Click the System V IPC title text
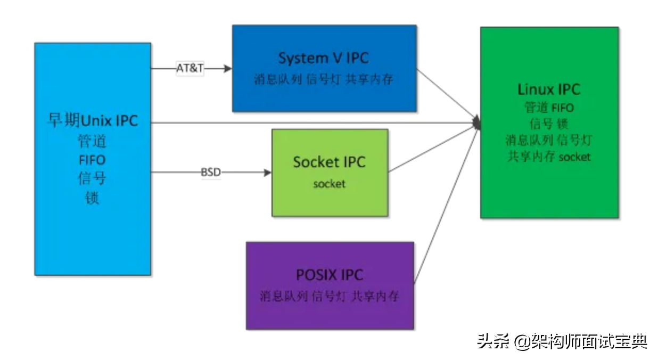pyautogui.click(x=323, y=58)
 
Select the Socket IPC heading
pyautogui.click(x=329, y=162)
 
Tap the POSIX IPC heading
pyautogui.click(x=330, y=275)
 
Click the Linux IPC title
pyautogui.click(x=549, y=89)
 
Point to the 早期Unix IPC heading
pyautogui.click(x=93, y=121)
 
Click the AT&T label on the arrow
pyautogui.click(x=190, y=68)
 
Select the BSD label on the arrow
pyautogui.click(x=211, y=173)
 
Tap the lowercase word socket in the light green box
pyautogui.click(x=329, y=184)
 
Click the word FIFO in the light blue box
pyautogui.click(x=93, y=160)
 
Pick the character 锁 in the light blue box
pyautogui.click(x=93, y=198)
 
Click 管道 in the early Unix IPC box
pyautogui.click(x=93, y=141)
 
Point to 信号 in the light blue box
pyautogui.click(x=93, y=179)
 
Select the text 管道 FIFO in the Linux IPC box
pyautogui.click(x=549, y=108)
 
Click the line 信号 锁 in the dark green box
pyautogui.click(x=549, y=124)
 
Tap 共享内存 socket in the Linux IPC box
pyautogui.click(x=549, y=157)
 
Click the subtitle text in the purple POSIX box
pyautogui.click(x=330, y=296)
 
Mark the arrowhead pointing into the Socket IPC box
pyautogui.click(x=267, y=173)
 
